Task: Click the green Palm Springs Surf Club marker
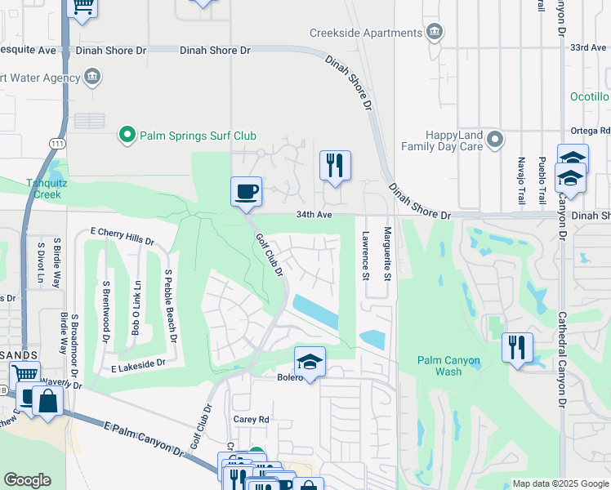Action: (x=127, y=135)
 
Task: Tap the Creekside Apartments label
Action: (x=365, y=33)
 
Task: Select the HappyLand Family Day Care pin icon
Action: (x=495, y=140)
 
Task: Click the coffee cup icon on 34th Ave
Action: (x=247, y=193)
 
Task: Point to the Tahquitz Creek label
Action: (x=42, y=189)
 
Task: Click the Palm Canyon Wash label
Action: (x=448, y=366)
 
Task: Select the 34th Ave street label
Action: (x=314, y=216)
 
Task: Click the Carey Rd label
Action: (x=252, y=419)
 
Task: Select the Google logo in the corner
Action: (x=28, y=480)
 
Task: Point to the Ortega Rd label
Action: (x=592, y=130)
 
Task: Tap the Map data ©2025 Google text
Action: (x=560, y=483)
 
